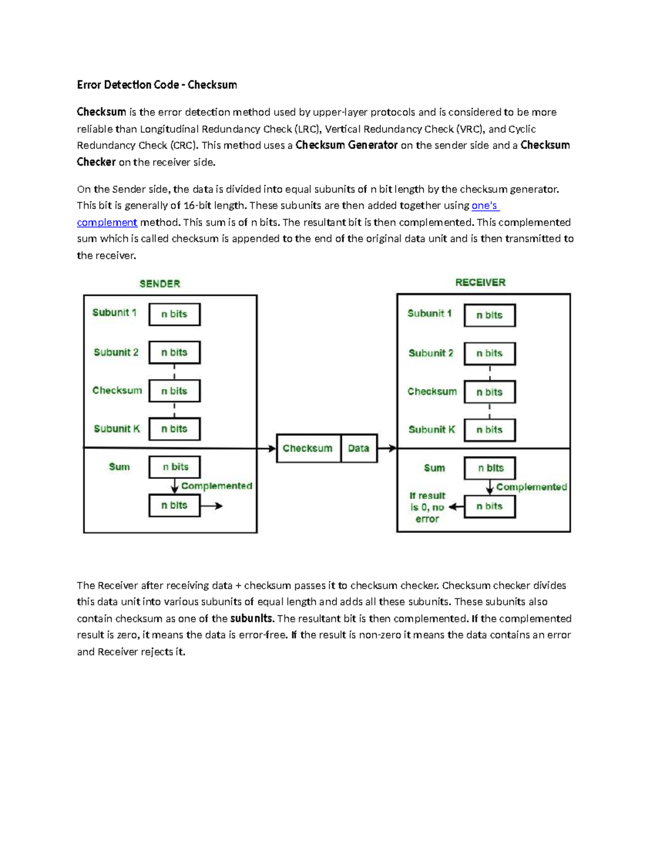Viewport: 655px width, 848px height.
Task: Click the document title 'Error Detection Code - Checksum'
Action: [x=157, y=85]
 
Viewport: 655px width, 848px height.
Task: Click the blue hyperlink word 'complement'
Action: [x=107, y=222]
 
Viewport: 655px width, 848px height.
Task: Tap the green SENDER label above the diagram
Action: [x=159, y=283]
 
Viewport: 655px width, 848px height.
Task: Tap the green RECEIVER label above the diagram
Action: [x=480, y=282]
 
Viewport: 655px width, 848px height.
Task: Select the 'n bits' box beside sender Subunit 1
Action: [x=175, y=314]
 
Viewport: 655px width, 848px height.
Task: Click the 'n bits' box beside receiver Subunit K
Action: [x=490, y=430]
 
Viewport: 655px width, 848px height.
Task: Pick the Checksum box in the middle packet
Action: [x=308, y=448]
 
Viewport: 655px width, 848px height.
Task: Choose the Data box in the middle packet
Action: [x=359, y=448]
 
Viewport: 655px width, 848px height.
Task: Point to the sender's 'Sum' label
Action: [x=119, y=467]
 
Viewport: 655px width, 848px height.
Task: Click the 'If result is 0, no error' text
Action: [x=427, y=507]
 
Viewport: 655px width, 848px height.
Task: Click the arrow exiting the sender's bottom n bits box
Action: [x=212, y=506]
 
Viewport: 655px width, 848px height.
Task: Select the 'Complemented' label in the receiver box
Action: [x=532, y=487]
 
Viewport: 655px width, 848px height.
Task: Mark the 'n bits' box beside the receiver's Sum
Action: [x=490, y=468]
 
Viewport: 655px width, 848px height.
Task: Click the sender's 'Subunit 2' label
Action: [x=116, y=352]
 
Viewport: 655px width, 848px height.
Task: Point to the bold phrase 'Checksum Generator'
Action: [x=347, y=145]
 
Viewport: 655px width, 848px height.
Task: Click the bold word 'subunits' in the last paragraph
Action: [x=251, y=619]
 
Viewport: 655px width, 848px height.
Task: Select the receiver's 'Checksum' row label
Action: [x=432, y=392]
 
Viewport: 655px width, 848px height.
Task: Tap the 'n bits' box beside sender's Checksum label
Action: [x=175, y=391]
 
